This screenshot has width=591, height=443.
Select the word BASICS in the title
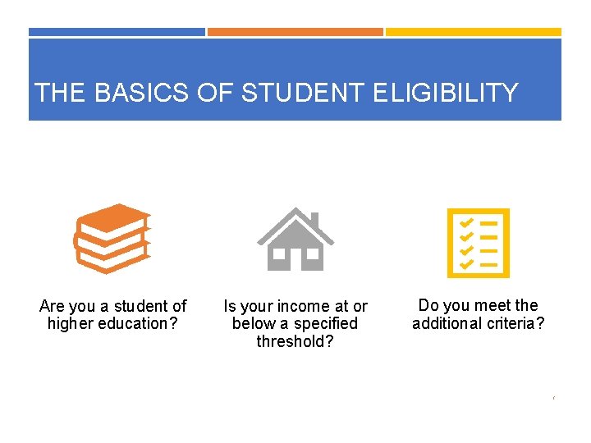(x=142, y=93)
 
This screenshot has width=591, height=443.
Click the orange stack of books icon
(x=112, y=238)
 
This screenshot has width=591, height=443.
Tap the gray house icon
(x=295, y=239)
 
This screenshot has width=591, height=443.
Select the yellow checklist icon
(x=477, y=242)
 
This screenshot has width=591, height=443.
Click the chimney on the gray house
(x=314, y=220)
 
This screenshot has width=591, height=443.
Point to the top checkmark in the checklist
(x=466, y=222)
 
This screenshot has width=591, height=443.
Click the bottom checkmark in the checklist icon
(x=466, y=264)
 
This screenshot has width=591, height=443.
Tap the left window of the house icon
(x=280, y=254)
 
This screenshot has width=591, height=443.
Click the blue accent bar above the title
(x=117, y=32)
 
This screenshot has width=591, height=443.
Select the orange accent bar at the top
(x=295, y=32)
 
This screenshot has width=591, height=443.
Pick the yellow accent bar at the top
(x=474, y=32)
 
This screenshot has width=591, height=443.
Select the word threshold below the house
(x=295, y=341)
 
